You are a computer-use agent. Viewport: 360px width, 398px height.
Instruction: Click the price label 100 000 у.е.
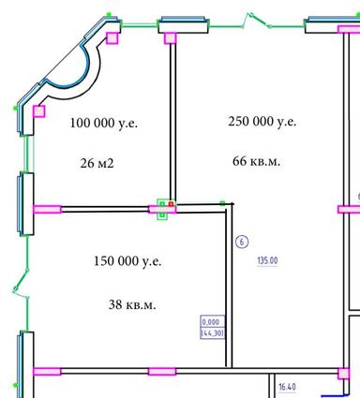click(103, 124)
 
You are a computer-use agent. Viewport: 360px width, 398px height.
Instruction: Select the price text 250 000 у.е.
click(262, 122)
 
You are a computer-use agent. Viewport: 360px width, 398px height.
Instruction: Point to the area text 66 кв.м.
click(256, 161)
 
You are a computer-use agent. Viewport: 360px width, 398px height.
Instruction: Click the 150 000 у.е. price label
click(128, 260)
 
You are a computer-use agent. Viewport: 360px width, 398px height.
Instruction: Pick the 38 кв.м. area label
click(132, 304)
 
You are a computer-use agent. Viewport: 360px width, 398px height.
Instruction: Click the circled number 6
click(242, 241)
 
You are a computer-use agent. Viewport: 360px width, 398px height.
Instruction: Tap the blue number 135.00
click(268, 261)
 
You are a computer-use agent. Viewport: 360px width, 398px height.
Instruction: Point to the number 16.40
click(285, 386)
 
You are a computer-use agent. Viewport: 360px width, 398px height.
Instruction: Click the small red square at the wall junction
click(171, 203)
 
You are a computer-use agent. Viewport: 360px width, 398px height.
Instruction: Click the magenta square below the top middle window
click(170, 37)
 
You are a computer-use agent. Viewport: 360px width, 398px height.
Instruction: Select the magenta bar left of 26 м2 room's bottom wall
click(46, 208)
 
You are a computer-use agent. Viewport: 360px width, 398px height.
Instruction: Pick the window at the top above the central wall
click(183, 23)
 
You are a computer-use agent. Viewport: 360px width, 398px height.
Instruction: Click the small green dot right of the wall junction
click(222, 202)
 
